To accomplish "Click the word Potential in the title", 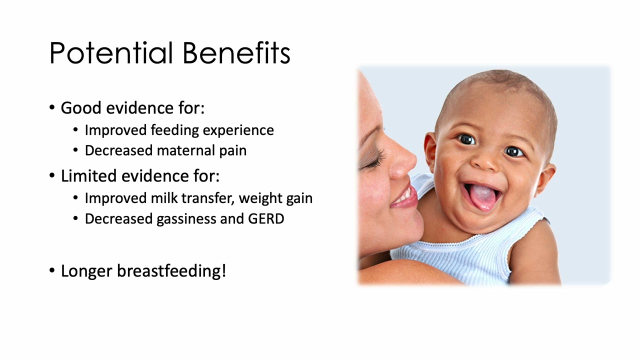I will (x=111, y=53).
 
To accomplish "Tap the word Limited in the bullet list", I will (x=88, y=176).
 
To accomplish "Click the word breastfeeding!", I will (x=171, y=271).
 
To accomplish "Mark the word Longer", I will (x=86, y=271).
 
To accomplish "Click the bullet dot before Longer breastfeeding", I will (x=52, y=270).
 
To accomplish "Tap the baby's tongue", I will (x=480, y=197).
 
